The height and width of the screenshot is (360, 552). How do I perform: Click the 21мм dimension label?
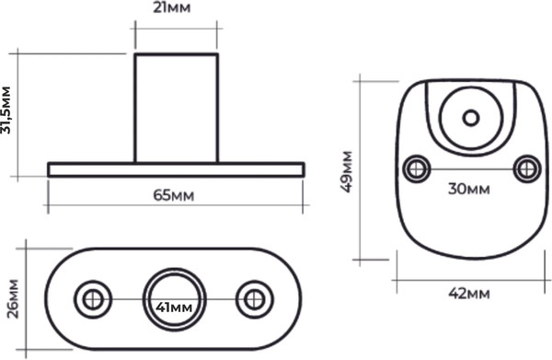click(172, 7)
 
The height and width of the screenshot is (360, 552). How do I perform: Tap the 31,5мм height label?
click(6, 110)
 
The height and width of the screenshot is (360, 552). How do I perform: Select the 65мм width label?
click(174, 195)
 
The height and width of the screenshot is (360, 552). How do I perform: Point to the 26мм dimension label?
click(14, 298)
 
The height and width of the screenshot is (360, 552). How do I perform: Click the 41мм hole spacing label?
click(174, 308)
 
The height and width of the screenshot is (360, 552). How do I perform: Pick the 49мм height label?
click(347, 171)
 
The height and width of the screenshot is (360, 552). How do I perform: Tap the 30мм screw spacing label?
click(469, 189)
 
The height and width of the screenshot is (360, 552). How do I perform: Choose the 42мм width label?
click(469, 293)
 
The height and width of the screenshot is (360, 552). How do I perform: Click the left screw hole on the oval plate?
click(93, 300)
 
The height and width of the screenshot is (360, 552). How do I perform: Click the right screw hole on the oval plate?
click(255, 300)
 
